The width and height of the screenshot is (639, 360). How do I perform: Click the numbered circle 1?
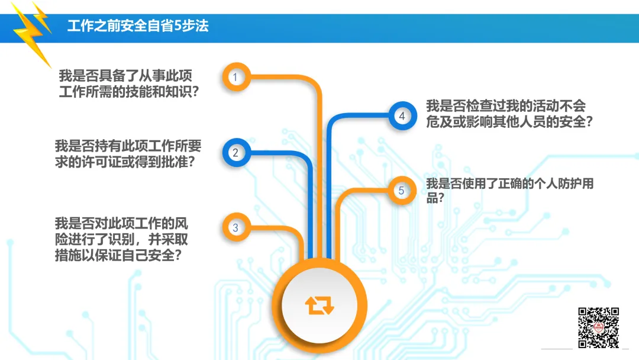pyautogui.click(x=235, y=78)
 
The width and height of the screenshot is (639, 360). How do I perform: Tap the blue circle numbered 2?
pyautogui.click(x=235, y=153)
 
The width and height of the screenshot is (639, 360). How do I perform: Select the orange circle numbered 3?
pyautogui.click(x=235, y=227)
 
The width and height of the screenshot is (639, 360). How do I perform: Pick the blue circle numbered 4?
pyautogui.click(x=402, y=116)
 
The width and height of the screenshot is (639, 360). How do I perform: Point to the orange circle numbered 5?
pyautogui.click(x=402, y=191)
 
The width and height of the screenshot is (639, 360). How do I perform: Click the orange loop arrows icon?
pyautogui.click(x=319, y=306)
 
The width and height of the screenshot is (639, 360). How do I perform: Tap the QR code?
pyautogui.click(x=598, y=327)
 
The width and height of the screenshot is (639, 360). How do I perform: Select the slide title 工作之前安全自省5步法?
pyautogui.click(x=137, y=27)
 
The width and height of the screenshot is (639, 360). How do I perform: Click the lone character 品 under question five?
pyautogui.click(x=433, y=198)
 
